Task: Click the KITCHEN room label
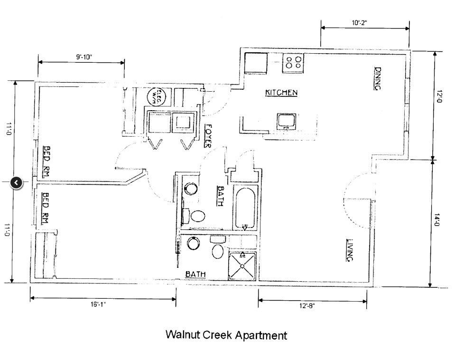[x=281, y=93]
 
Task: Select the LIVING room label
[x=350, y=250]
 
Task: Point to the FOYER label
[x=208, y=136]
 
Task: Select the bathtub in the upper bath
[x=245, y=208]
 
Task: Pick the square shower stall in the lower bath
[x=242, y=265]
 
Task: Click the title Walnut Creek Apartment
[x=226, y=335]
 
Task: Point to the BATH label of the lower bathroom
[x=195, y=274]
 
